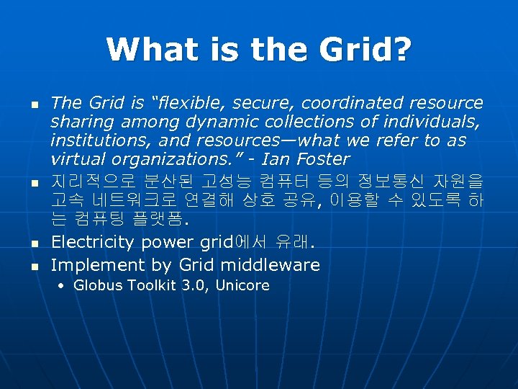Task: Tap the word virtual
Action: [x=75, y=159]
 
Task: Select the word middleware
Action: [x=270, y=265]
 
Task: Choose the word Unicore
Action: [x=241, y=286]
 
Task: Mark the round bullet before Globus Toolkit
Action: [x=63, y=287]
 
